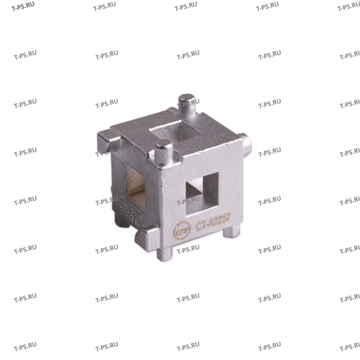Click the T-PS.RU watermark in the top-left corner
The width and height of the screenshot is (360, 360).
coord(23,7)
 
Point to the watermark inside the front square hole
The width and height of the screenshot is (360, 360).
coord(189,200)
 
